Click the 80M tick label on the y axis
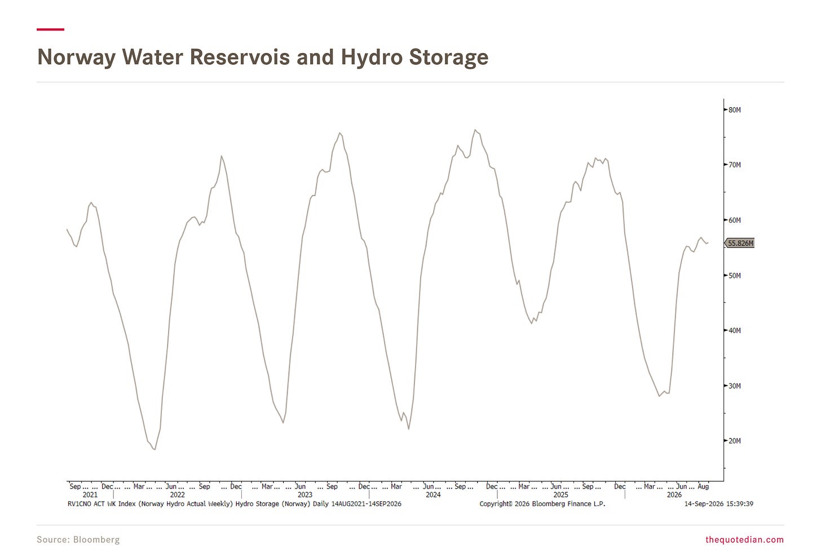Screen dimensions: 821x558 point(735,110)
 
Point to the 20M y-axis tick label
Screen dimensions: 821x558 point(735,441)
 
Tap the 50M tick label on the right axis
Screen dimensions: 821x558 point(735,276)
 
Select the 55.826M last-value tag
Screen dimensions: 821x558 point(740,243)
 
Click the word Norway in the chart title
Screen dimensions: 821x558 point(76,57)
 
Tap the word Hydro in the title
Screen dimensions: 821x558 point(371,57)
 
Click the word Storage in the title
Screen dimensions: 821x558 point(449,57)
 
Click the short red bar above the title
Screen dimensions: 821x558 point(51,29)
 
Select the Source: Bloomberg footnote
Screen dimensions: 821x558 point(78,539)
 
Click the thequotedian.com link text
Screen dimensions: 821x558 point(744,539)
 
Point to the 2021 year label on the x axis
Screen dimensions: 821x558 point(90,495)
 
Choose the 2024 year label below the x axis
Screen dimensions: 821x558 point(433,495)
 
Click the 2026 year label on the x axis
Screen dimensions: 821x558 point(674,495)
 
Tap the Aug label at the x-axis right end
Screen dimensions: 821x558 point(703,486)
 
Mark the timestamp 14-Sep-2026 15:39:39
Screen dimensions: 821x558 point(719,504)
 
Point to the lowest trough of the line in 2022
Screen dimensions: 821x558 point(155,449)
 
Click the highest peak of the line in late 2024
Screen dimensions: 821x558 point(475,130)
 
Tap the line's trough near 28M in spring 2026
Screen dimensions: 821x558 point(659,396)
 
